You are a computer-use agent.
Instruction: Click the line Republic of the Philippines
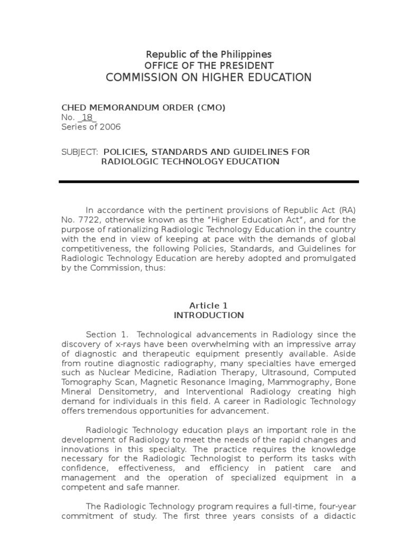[x=209, y=54]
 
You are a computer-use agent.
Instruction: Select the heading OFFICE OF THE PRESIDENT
[x=209, y=66]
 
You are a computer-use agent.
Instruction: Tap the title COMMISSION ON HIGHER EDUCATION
[x=209, y=78]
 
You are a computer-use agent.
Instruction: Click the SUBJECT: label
[x=79, y=152]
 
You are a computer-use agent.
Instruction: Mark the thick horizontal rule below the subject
[x=209, y=182]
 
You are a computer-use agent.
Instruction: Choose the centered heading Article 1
[x=209, y=305]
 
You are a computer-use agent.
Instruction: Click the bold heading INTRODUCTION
[x=209, y=315]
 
